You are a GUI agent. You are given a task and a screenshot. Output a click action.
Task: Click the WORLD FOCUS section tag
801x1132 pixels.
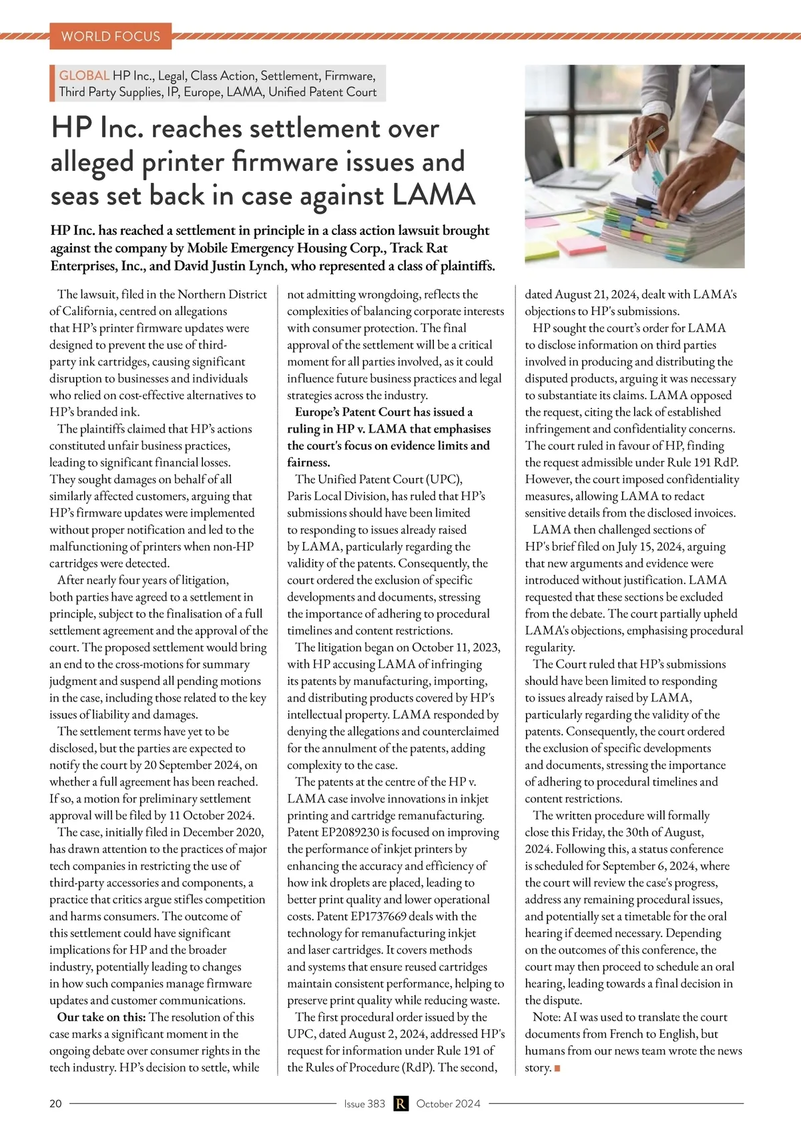point(110,36)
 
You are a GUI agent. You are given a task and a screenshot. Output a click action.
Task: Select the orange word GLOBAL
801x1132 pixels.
point(84,75)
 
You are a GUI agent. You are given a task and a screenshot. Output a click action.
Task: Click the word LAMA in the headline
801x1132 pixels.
point(433,196)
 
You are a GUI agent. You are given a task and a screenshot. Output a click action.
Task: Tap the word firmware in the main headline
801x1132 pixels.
point(286,162)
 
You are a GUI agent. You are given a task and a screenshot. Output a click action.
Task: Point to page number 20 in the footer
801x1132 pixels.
point(55,1103)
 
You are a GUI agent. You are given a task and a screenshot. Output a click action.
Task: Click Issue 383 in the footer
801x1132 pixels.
point(364,1103)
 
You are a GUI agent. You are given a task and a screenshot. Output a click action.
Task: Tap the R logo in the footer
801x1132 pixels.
point(400,1103)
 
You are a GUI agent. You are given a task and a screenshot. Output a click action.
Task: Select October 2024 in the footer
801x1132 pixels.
point(448,1103)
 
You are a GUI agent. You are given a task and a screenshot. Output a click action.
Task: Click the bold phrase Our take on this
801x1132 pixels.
point(101,1017)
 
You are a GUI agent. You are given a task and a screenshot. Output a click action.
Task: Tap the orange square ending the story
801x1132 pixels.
point(557,1068)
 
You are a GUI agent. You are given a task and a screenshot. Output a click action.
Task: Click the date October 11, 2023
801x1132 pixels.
point(456,647)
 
